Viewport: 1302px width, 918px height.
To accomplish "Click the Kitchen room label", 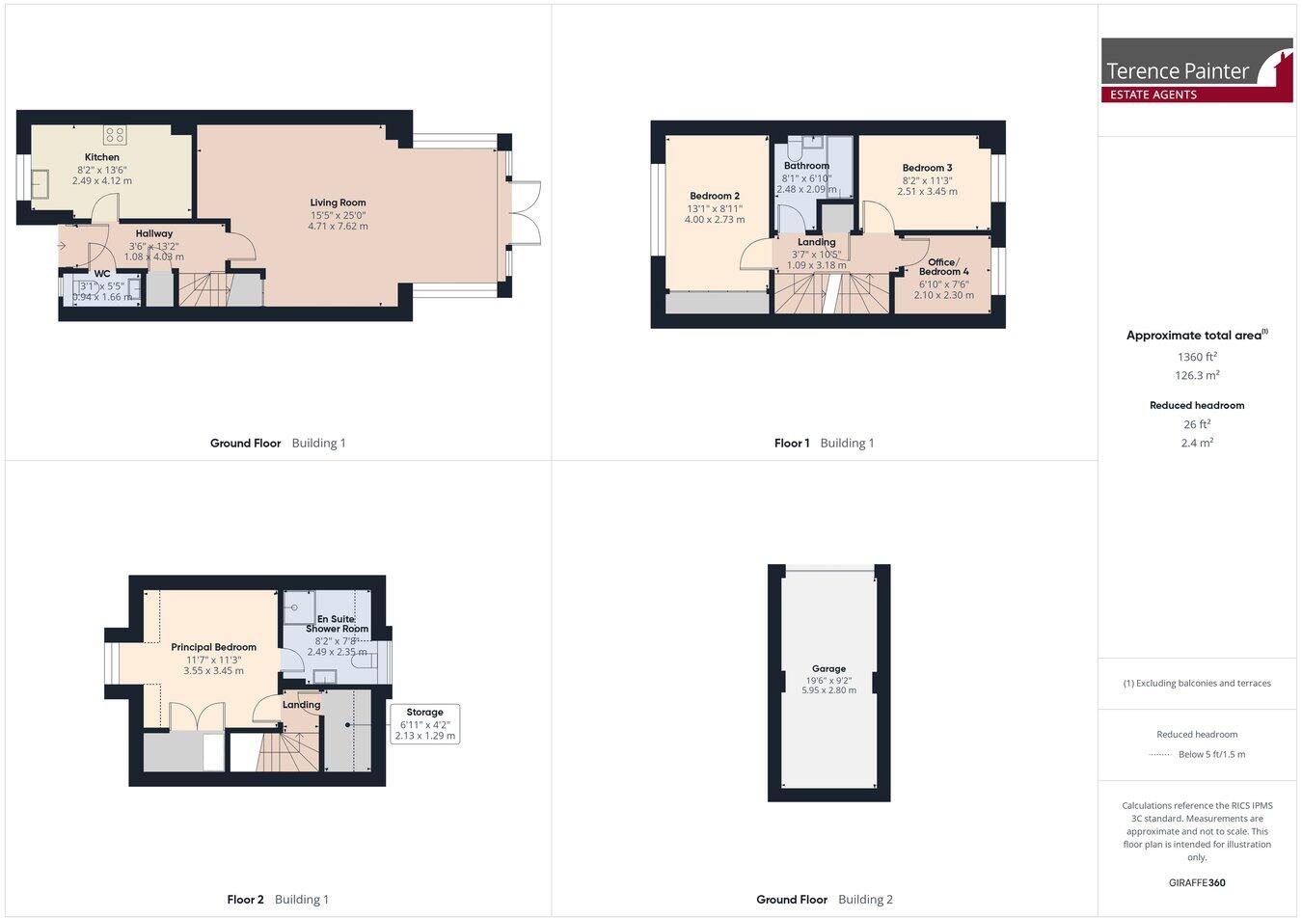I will coord(102,157).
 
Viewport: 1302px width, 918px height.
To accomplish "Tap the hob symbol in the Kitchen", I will coord(116,135).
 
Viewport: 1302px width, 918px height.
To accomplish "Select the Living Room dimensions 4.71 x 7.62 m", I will coord(338,227).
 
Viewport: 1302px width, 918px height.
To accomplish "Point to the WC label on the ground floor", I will coord(102,274).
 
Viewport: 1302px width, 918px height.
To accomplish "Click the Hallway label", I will coord(154,233).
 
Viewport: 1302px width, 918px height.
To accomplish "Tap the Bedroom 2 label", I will coord(715,196).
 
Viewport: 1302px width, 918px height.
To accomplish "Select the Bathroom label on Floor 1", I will coord(806,166).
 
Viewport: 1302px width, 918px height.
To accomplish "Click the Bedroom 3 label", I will coord(927,168).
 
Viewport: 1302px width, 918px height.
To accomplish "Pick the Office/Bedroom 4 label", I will coord(942,267).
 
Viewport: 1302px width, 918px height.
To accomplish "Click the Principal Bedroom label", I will coord(213,647).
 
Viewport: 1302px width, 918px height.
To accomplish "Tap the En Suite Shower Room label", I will coord(337,624).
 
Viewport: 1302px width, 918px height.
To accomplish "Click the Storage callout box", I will coord(424,723).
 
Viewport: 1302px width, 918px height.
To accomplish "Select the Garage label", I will coord(828,668).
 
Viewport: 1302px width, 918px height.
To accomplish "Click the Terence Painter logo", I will coord(1197,70).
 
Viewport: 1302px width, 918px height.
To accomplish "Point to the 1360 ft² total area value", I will coord(1197,357).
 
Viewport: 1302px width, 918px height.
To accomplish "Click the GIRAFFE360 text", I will coord(1196,882).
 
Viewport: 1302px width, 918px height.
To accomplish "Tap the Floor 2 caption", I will coord(245,900).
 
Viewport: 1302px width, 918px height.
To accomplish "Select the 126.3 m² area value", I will coord(1197,376).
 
